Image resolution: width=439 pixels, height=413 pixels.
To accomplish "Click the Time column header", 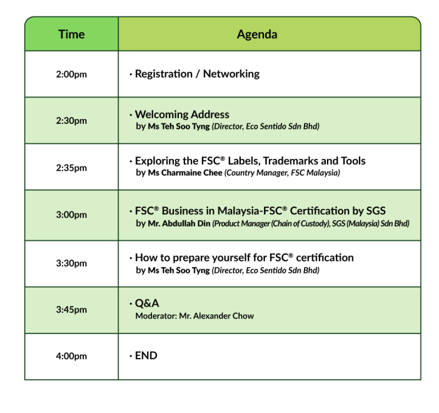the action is [x=71, y=34].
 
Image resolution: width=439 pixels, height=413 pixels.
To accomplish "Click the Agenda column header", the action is [x=257, y=34].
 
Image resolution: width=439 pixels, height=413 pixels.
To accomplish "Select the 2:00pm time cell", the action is [x=71, y=74].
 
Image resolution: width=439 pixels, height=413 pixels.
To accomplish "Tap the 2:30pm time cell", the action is [x=71, y=121].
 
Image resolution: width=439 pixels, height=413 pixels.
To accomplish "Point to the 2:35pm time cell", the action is [x=71, y=168].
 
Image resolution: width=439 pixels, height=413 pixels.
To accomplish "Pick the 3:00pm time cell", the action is [x=71, y=215].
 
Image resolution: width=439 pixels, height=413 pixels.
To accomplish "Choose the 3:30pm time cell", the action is [x=71, y=263].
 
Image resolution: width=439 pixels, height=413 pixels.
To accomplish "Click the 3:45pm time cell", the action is [x=71, y=310].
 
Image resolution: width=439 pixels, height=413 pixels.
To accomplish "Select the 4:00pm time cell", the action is [x=71, y=356].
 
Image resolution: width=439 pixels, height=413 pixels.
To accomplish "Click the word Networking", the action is [x=231, y=74].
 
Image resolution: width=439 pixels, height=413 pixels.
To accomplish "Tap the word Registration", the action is [x=164, y=74].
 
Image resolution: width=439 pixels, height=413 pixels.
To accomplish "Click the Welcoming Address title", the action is [x=182, y=115].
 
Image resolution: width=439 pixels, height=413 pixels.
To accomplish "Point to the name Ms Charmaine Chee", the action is [x=185, y=173].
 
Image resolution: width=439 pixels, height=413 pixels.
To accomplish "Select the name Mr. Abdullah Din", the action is [x=179, y=223].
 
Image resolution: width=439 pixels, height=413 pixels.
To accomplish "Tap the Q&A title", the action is [x=147, y=303].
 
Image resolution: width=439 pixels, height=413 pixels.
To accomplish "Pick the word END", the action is [x=146, y=355].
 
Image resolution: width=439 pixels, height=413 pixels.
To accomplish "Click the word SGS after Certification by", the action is [x=376, y=211].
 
